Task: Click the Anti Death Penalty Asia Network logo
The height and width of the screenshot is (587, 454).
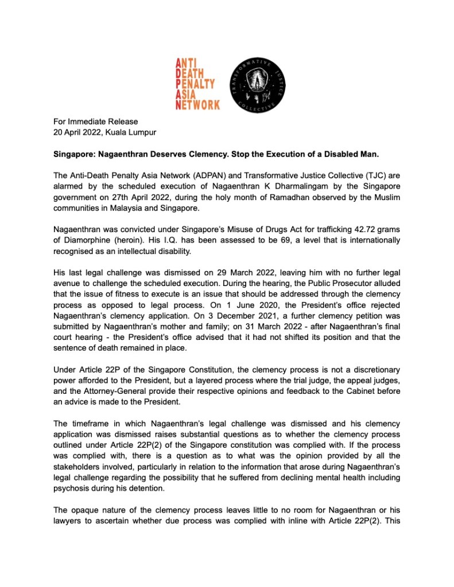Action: (x=197, y=83)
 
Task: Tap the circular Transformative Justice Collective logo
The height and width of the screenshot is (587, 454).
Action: (x=254, y=84)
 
